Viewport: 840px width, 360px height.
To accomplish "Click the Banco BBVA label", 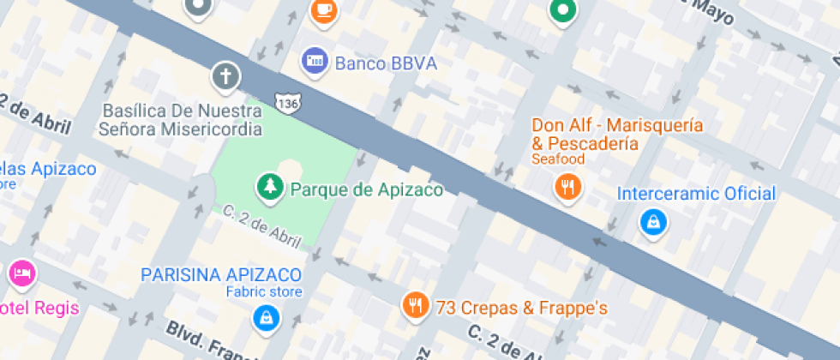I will [x=386, y=63].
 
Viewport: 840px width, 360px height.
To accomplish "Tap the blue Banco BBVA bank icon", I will [x=315, y=61].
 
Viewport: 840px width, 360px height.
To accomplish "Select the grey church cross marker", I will [x=225, y=76].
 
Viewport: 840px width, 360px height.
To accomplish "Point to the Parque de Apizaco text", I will [x=367, y=189].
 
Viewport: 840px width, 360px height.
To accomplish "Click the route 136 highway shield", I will [x=287, y=103].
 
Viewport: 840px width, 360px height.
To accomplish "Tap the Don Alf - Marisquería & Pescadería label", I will [x=617, y=134].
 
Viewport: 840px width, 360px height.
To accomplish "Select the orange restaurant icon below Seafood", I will [x=567, y=186].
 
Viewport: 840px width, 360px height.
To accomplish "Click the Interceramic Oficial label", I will [x=696, y=194].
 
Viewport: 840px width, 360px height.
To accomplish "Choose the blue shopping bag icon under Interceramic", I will [x=653, y=222].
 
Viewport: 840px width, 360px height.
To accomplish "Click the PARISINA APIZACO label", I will [x=221, y=275].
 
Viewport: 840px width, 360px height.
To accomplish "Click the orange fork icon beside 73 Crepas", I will [x=416, y=305].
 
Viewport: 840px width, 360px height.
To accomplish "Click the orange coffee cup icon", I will [x=323, y=9].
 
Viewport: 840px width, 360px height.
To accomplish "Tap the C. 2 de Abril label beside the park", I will [x=261, y=225].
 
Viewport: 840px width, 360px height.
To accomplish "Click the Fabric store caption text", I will [x=264, y=292].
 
